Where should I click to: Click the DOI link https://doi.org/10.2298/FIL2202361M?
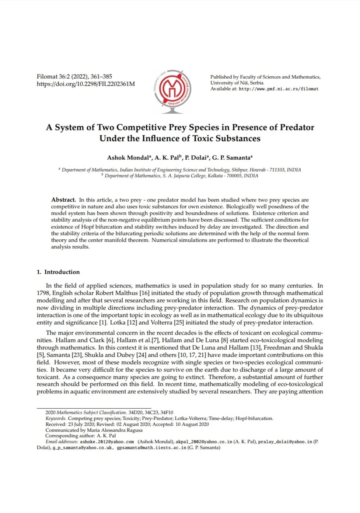click(85, 84)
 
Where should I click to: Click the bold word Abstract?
click(63, 200)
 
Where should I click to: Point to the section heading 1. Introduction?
click(58, 272)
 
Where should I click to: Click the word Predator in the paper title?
click(297, 128)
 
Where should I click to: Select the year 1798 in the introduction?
click(43, 293)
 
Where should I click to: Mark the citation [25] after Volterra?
click(179, 323)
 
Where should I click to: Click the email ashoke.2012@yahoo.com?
click(107, 442)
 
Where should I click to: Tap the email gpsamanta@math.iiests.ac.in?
click(151, 448)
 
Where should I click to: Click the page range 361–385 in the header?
click(101, 77)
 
